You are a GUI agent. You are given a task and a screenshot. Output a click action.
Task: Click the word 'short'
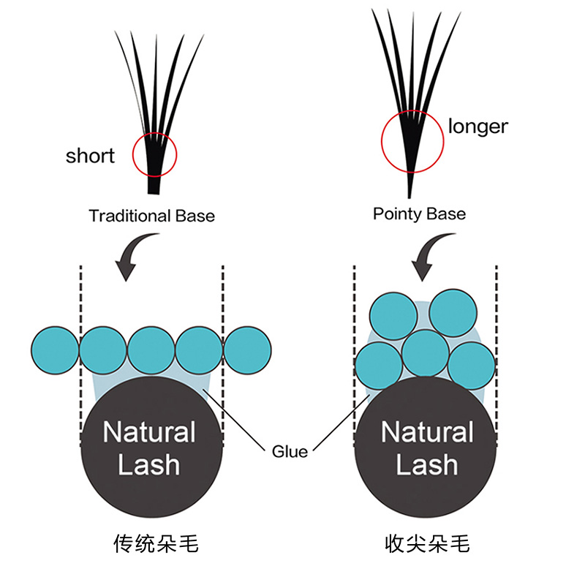tap(90, 156)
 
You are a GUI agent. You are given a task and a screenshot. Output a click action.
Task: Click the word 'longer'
tap(478, 126)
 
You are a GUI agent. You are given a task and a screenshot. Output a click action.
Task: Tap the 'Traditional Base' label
tap(152, 216)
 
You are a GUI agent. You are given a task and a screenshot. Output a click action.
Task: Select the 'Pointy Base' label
tap(419, 214)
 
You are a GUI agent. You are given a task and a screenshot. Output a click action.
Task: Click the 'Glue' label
tap(290, 451)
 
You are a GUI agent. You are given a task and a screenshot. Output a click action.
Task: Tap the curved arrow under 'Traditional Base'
tap(135, 256)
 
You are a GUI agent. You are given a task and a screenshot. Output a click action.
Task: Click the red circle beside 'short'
tap(154, 154)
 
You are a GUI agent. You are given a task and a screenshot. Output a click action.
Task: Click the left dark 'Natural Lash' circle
tap(151, 446)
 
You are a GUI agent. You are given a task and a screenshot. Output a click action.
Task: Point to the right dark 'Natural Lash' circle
tap(427, 446)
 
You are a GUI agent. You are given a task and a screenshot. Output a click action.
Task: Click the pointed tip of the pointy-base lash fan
tap(411, 195)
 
